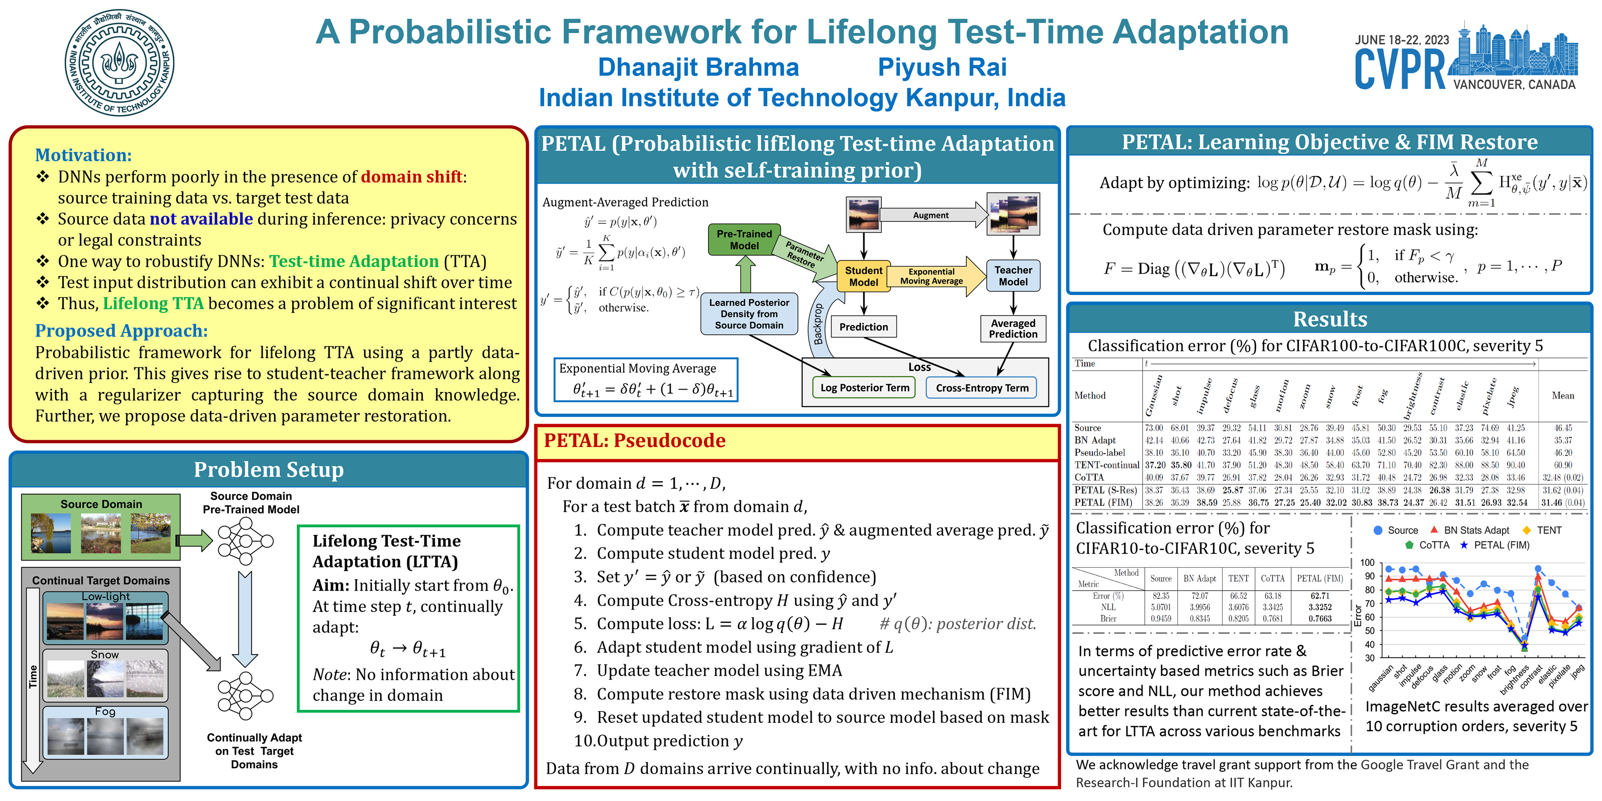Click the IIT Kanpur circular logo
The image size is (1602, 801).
click(x=120, y=62)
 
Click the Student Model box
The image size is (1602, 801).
click(x=863, y=276)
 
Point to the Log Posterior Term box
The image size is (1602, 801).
click(x=865, y=388)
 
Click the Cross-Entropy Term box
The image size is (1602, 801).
click(x=982, y=388)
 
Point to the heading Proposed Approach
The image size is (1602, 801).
click(x=121, y=331)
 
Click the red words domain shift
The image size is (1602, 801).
click(x=411, y=177)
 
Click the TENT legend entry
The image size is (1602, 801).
click(x=1548, y=530)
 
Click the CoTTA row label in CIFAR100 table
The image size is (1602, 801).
click(x=1089, y=477)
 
